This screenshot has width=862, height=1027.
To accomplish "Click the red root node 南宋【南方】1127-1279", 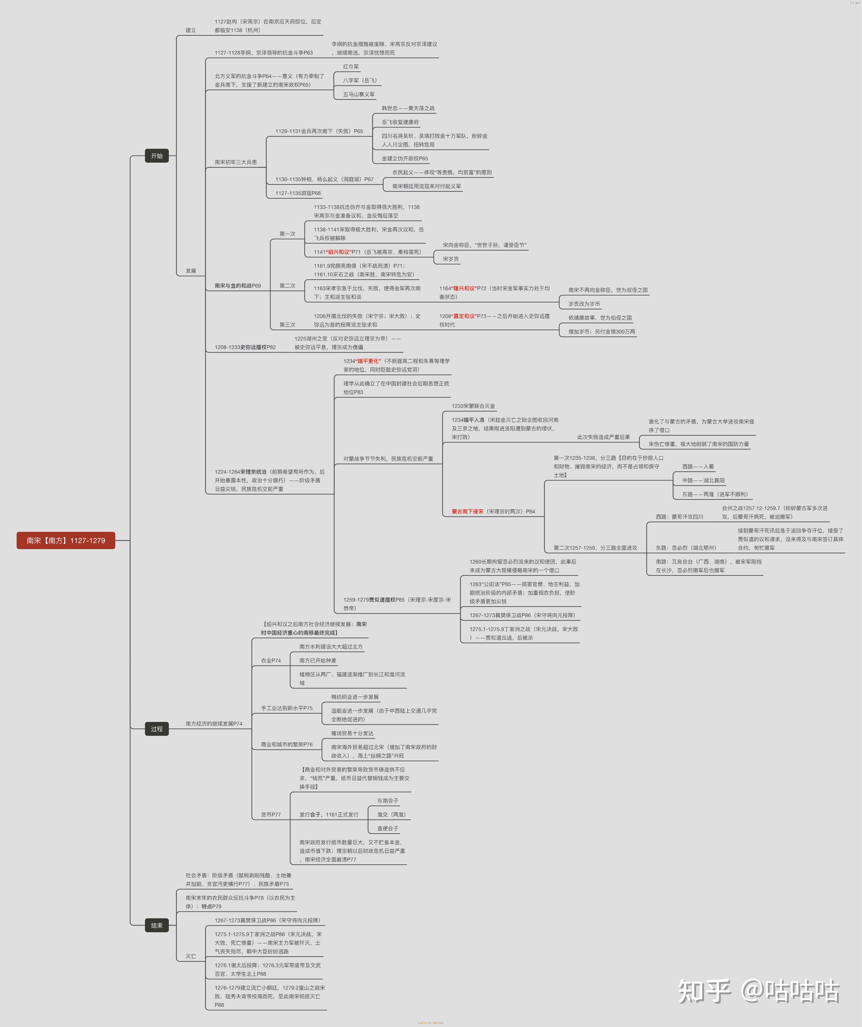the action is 66,540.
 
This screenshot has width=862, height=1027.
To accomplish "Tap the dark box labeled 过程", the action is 157,729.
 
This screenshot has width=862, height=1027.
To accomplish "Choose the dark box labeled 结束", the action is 157,925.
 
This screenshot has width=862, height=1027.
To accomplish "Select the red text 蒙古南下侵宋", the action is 467,512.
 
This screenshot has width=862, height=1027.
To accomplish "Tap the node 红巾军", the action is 351,67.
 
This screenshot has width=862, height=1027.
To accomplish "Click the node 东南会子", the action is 388,801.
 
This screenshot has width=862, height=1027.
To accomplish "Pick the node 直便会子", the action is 388,828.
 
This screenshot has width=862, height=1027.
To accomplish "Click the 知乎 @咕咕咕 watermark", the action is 759,991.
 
